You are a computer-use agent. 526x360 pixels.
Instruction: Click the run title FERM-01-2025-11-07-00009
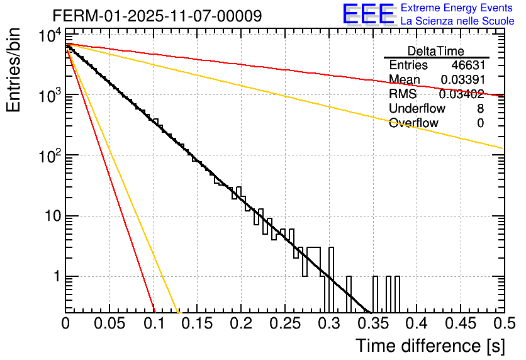pyautogui.click(x=157, y=16)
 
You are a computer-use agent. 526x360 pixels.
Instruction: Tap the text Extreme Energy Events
pyautogui.click(x=457, y=8)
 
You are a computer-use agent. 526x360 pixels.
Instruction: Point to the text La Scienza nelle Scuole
pyautogui.click(x=457, y=21)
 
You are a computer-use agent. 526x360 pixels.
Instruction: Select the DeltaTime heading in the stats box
pyautogui.click(x=435, y=51)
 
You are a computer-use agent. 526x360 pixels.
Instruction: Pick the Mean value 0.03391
pyautogui.click(x=462, y=80)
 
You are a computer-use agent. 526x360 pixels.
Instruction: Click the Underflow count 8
pyautogui.click(x=480, y=109)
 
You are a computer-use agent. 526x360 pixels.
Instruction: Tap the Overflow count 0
pyautogui.click(x=480, y=123)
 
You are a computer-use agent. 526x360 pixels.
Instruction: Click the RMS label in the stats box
pyautogui.click(x=403, y=94)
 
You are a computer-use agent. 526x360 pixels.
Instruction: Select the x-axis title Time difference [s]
pyautogui.click(x=430, y=346)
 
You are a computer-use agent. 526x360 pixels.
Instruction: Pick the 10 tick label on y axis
pyautogui.click(x=48, y=217)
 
